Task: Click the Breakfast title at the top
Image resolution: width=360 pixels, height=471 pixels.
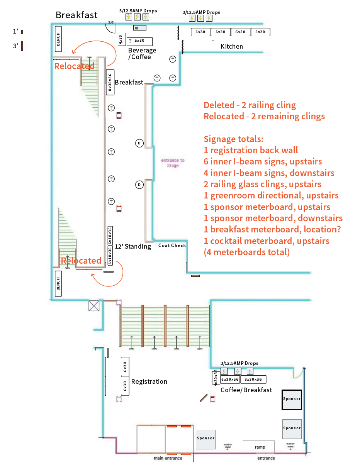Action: click(x=76, y=15)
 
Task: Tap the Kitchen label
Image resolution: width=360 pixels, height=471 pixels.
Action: click(x=232, y=46)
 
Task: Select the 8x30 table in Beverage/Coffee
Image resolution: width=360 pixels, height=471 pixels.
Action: click(x=139, y=41)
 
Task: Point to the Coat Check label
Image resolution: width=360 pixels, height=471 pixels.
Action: click(x=172, y=246)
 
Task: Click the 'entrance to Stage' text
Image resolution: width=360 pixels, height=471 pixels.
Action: click(x=173, y=163)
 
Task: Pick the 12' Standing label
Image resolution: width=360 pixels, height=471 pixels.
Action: click(x=133, y=246)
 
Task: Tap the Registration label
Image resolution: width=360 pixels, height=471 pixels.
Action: click(x=149, y=381)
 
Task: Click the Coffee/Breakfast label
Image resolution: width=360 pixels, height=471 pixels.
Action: click(x=246, y=390)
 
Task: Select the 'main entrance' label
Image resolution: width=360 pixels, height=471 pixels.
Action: click(x=168, y=458)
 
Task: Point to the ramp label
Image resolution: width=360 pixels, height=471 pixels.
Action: click(x=260, y=447)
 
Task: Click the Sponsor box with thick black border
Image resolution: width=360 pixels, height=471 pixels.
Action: click(x=292, y=399)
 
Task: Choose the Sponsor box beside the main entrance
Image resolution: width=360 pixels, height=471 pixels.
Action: click(x=205, y=439)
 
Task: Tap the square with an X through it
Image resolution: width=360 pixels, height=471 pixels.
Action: click(x=94, y=306)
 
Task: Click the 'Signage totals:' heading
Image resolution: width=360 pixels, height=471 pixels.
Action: click(x=233, y=139)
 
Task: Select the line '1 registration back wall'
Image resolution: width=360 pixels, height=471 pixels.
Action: click(x=251, y=150)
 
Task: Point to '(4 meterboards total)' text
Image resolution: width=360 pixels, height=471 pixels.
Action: click(x=246, y=252)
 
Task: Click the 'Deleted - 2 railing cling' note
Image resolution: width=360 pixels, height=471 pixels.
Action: click(x=250, y=105)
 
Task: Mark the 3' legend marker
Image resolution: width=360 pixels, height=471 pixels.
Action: click(x=22, y=46)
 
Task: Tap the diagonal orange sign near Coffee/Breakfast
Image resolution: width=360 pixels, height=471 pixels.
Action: click(x=204, y=398)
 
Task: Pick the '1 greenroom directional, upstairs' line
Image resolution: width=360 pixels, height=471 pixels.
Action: click(x=271, y=195)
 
